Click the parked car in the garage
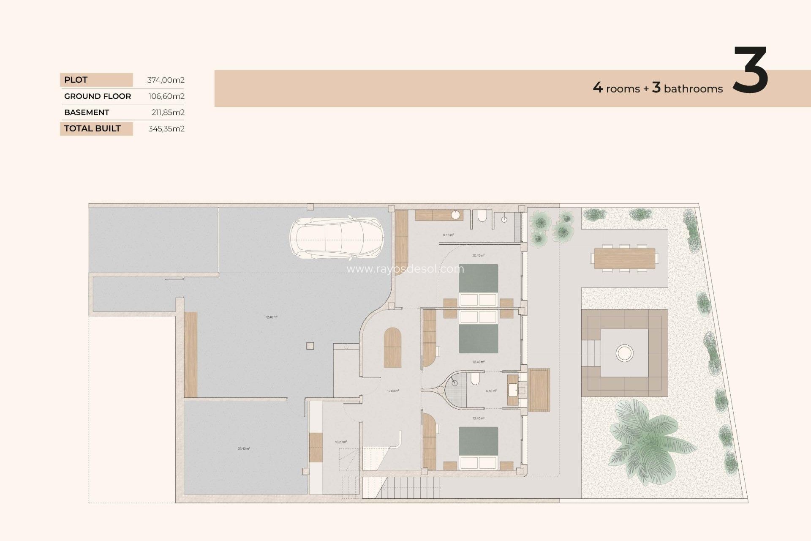pyautogui.click(x=337, y=238)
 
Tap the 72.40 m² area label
pyautogui.click(x=271, y=317)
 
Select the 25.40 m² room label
pyautogui.click(x=244, y=448)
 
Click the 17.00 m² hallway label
pyautogui.click(x=393, y=391)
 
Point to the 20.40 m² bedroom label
pyautogui.click(x=478, y=255)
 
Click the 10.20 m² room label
pyautogui.click(x=340, y=442)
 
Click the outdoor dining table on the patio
pyautogui.click(x=624, y=258)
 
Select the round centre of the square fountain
pyautogui.click(x=624, y=352)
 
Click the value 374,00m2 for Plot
pyautogui.click(x=166, y=80)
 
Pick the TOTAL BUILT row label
pyautogui.click(x=93, y=128)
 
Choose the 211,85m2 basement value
pyautogui.click(x=168, y=112)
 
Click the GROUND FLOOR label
pyautogui.click(x=98, y=96)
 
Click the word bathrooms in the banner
pyautogui.click(x=693, y=89)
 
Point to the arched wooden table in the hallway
pyautogui.click(x=392, y=347)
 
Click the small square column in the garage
pyautogui.click(x=310, y=346)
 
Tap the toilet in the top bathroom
pyautogui.click(x=482, y=216)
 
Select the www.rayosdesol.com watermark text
pyautogui.click(x=405, y=269)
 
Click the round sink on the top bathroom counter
pyautogui.click(x=455, y=215)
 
